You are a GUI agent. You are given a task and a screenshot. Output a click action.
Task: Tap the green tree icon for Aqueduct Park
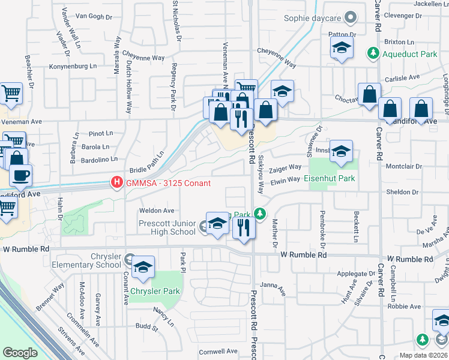372,53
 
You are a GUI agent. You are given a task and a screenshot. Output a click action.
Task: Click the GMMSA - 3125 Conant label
167,183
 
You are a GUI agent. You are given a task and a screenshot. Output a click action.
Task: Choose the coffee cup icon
21,176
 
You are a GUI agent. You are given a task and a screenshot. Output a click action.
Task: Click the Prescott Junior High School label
167,228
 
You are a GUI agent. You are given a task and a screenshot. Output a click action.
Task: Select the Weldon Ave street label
157,211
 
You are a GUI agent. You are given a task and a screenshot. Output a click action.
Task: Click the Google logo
20,353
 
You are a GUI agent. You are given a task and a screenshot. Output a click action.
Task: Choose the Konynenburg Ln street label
72,66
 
